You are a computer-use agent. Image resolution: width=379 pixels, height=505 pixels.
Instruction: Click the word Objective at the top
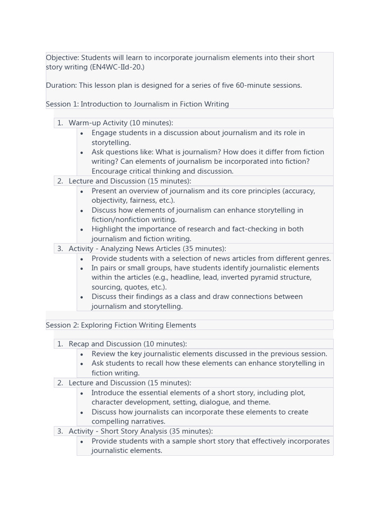62,58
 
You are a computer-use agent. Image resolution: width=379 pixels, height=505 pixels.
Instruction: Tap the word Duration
61,85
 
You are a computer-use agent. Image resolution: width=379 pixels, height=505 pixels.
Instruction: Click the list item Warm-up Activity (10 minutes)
120,123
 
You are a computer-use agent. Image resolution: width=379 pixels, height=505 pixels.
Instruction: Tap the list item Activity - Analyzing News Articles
147,249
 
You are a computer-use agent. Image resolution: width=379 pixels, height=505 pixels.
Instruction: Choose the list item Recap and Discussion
127,344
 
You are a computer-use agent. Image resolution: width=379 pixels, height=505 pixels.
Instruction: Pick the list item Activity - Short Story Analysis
141,431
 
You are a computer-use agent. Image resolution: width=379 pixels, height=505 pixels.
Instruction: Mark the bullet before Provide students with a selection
81,258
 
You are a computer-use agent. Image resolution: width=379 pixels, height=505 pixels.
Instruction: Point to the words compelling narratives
128,422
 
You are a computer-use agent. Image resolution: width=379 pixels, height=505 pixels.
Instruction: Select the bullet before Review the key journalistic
81,354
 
